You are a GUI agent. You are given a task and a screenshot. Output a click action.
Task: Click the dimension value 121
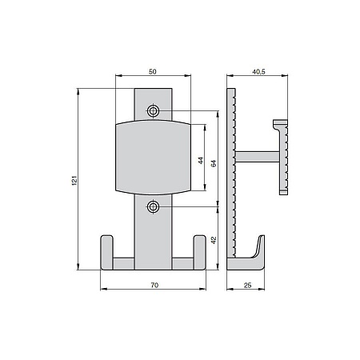click(74, 181)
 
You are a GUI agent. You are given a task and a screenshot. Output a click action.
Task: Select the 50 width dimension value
click(153, 71)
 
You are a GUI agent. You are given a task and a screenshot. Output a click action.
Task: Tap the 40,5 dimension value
click(258, 72)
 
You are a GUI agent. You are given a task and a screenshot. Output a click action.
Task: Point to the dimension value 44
click(201, 161)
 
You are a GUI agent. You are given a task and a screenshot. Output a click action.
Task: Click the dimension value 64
click(214, 163)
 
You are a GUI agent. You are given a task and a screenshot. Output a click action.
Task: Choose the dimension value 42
click(214, 240)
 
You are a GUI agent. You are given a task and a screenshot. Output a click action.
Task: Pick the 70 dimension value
click(154, 285)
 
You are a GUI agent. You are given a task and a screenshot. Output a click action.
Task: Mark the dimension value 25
click(247, 285)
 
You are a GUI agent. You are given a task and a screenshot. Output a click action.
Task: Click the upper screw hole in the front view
click(154, 110)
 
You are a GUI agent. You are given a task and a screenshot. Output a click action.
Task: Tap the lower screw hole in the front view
click(154, 206)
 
